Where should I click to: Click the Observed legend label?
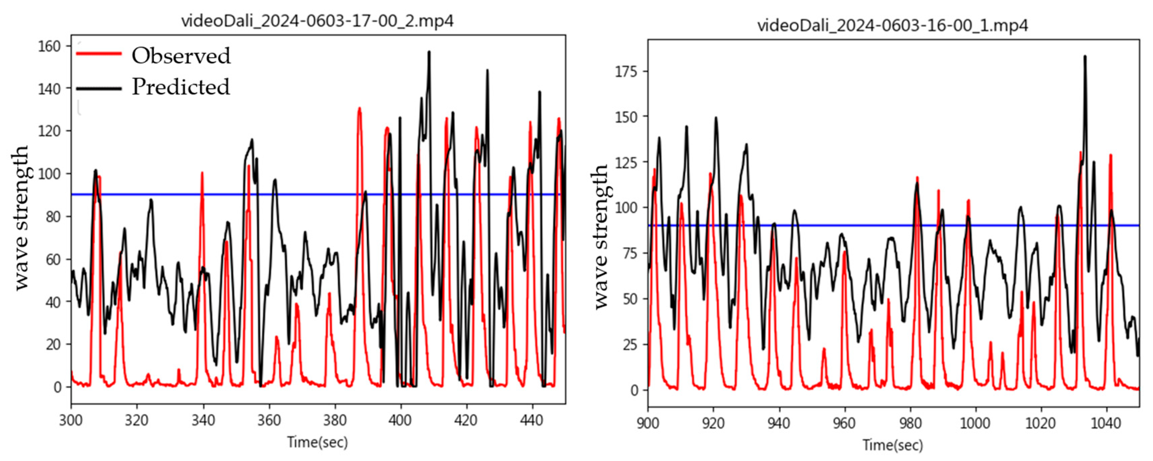pyautogui.click(x=181, y=56)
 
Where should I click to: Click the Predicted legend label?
pyautogui.click(x=181, y=87)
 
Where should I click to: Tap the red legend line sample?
pyautogui.click(x=99, y=54)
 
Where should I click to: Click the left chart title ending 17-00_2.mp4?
pyautogui.click(x=317, y=21)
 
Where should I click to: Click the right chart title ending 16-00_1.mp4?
pyautogui.click(x=893, y=25)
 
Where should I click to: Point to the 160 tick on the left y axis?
pyautogui.click(x=49, y=46)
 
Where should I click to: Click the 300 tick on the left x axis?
pyautogui.click(x=71, y=420)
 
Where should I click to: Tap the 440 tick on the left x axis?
pyautogui.click(x=532, y=420)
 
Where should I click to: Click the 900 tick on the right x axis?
pyautogui.click(x=648, y=423)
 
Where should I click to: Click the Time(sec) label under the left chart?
pyautogui.click(x=317, y=442)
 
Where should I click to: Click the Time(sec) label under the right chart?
pyautogui.click(x=893, y=445)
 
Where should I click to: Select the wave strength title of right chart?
pyautogui.click(x=601, y=237)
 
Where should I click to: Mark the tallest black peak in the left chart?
pyautogui.click(x=429, y=52)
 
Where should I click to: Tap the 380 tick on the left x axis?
pyautogui.click(x=335, y=420)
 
